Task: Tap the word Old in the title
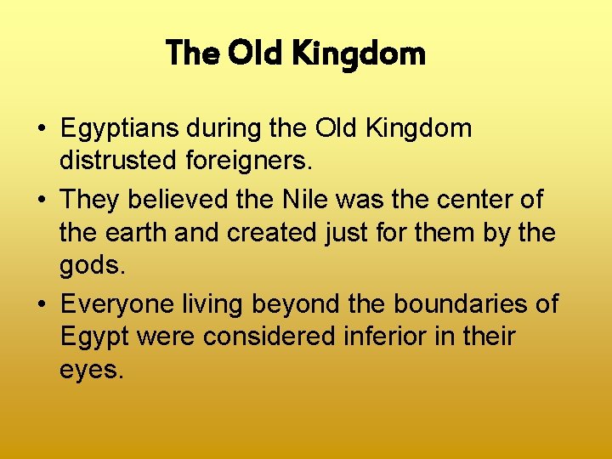point(255,54)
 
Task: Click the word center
point(477,200)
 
